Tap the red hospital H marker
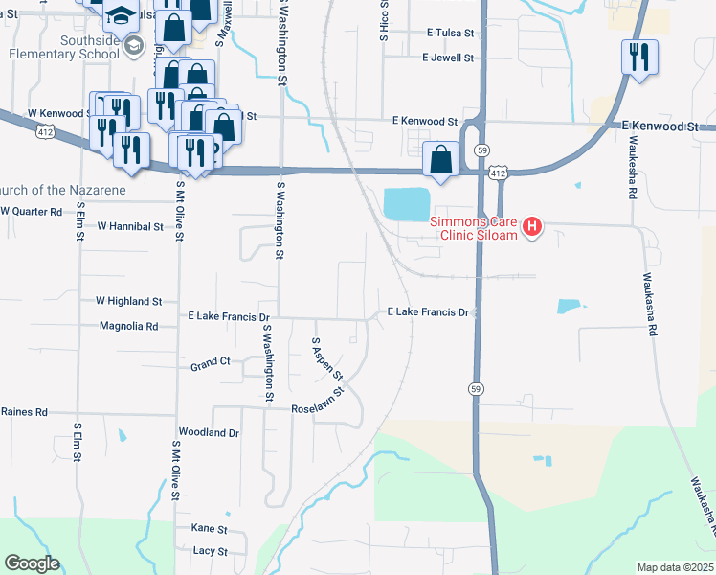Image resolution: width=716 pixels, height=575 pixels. tap(532, 228)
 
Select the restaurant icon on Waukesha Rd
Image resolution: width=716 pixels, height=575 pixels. tap(638, 57)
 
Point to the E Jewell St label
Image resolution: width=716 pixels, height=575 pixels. tap(448, 58)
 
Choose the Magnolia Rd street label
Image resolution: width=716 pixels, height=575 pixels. tap(128, 326)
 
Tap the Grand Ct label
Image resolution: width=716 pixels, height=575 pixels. tap(211, 365)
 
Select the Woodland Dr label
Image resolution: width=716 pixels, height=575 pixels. tap(208, 433)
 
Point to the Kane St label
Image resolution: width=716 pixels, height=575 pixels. tap(209, 529)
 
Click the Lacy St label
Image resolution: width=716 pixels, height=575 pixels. tap(210, 552)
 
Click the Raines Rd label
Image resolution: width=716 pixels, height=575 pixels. tap(24, 412)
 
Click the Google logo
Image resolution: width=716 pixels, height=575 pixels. tap(32, 563)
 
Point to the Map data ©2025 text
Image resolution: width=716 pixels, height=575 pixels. tap(676, 567)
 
